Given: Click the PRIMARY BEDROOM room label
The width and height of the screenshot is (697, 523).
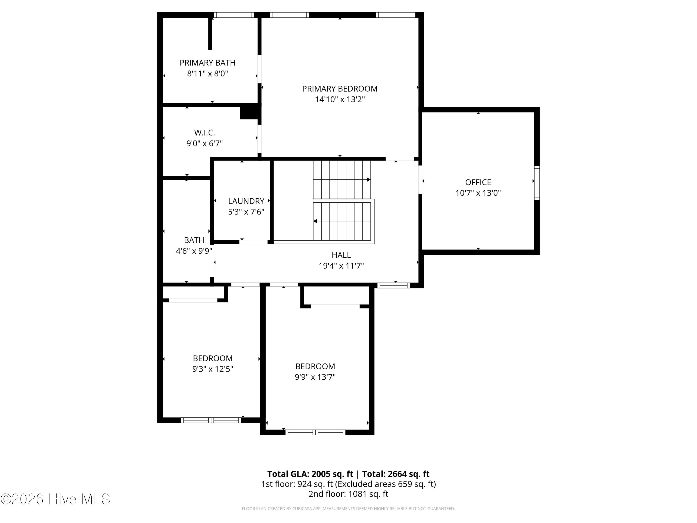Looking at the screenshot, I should coord(340,89).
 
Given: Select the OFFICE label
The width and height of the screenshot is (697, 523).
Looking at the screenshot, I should coord(478,182).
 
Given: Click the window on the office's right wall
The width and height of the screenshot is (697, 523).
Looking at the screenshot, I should coord(537,183).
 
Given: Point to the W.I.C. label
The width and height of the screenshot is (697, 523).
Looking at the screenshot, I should coord(204,133).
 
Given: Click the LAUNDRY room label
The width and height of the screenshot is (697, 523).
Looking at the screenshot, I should coord(246,201).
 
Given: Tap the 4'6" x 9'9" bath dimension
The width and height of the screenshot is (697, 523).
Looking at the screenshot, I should coord(194,251).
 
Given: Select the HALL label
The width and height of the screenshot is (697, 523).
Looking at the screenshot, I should coord(341,255).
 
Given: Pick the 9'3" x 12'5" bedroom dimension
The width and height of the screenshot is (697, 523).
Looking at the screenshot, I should coord(213,369).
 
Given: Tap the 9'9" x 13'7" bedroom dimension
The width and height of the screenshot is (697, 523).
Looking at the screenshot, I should coord(315,377).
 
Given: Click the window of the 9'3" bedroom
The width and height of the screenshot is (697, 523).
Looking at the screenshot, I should coord(211,420).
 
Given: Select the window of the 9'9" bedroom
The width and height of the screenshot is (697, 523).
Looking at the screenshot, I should coord(316,433).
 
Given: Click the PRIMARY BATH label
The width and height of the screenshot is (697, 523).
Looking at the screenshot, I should coord(207,63).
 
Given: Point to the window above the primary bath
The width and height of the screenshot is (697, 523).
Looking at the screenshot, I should coord(233,15).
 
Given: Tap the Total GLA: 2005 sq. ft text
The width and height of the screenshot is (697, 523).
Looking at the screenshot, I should coord(310,474).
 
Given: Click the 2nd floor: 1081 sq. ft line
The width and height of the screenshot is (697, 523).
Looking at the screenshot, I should coord(348,494).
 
